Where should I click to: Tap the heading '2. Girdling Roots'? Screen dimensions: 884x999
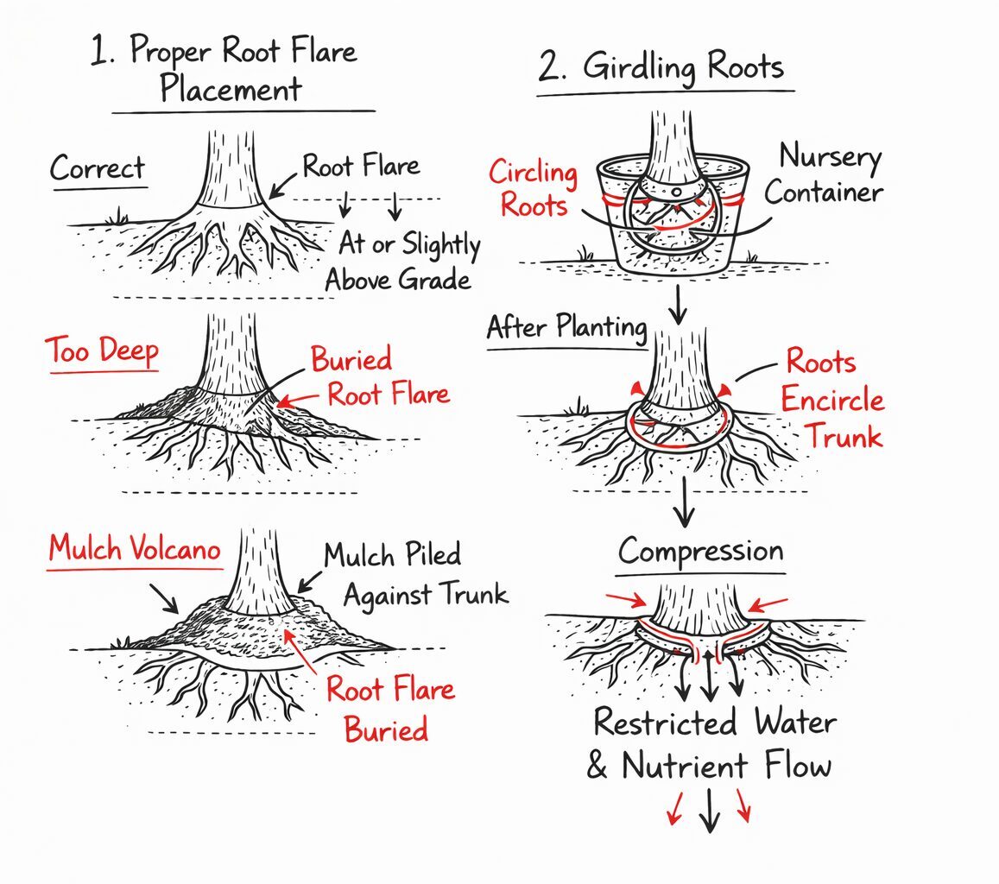click(661, 66)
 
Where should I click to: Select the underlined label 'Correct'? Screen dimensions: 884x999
click(98, 169)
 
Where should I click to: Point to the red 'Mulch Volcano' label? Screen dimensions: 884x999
click(135, 549)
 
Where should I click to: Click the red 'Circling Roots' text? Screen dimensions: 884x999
click(533, 187)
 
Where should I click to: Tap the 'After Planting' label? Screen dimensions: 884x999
click(566, 328)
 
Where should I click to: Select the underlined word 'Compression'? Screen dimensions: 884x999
click(701, 551)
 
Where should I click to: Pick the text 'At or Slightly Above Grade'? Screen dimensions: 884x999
click(406, 262)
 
